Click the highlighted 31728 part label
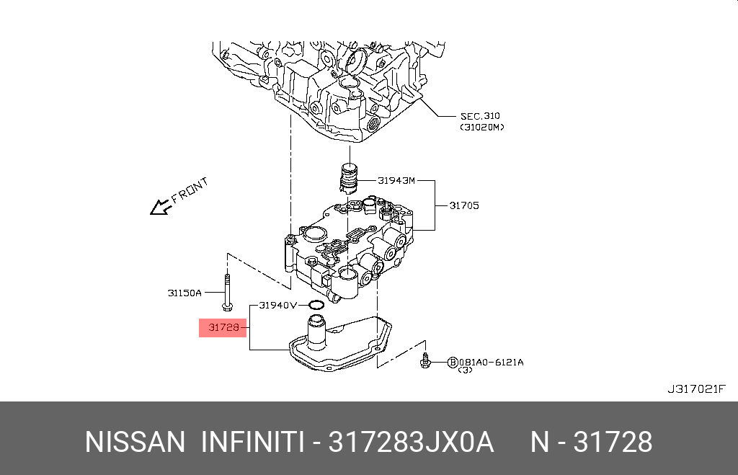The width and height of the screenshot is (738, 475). (x=223, y=328)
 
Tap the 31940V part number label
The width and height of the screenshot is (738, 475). (x=278, y=305)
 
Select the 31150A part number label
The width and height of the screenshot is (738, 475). (x=184, y=293)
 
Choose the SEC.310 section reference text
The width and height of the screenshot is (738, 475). (x=480, y=116)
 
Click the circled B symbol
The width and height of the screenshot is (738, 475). (x=453, y=362)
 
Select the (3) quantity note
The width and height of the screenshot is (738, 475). (x=465, y=370)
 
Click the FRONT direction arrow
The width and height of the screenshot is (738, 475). (x=159, y=208)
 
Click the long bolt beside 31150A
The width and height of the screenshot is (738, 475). (x=227, y=292)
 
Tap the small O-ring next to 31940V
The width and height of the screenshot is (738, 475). (x=315, y=305)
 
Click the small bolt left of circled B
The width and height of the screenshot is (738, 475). (x=427, y=360)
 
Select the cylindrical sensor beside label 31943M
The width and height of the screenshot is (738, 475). (x=348, y=178)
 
